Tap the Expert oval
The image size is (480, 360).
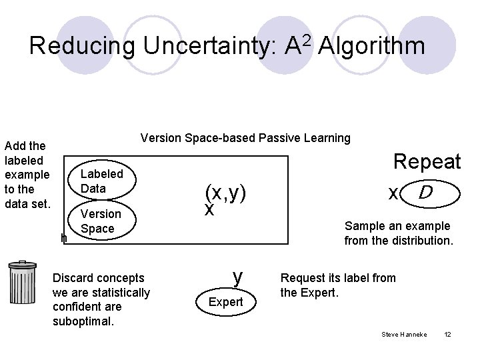pyautogui.click(x=226, y=302)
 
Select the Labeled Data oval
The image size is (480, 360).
pyautogui.click(x=102, y=181)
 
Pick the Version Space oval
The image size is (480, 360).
pyautogui.click(x=101, y=221)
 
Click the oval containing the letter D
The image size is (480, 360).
pyautogui.click(x=431, y=193)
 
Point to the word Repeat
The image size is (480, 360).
pyautogui.click(x=427, y=161)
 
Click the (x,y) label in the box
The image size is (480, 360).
pyautogui.click(x=226, y=193)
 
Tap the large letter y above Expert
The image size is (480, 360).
pyautogui.click(x=237, y=275)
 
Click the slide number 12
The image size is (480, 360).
pyautogui.click(x=447, y=333)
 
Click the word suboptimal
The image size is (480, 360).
pyautogui.click(x=82, y=321)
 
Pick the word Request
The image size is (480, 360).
pyautogui.click(x=301, y=278)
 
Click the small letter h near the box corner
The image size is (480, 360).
pyautogui.click(x=64, y=238)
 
